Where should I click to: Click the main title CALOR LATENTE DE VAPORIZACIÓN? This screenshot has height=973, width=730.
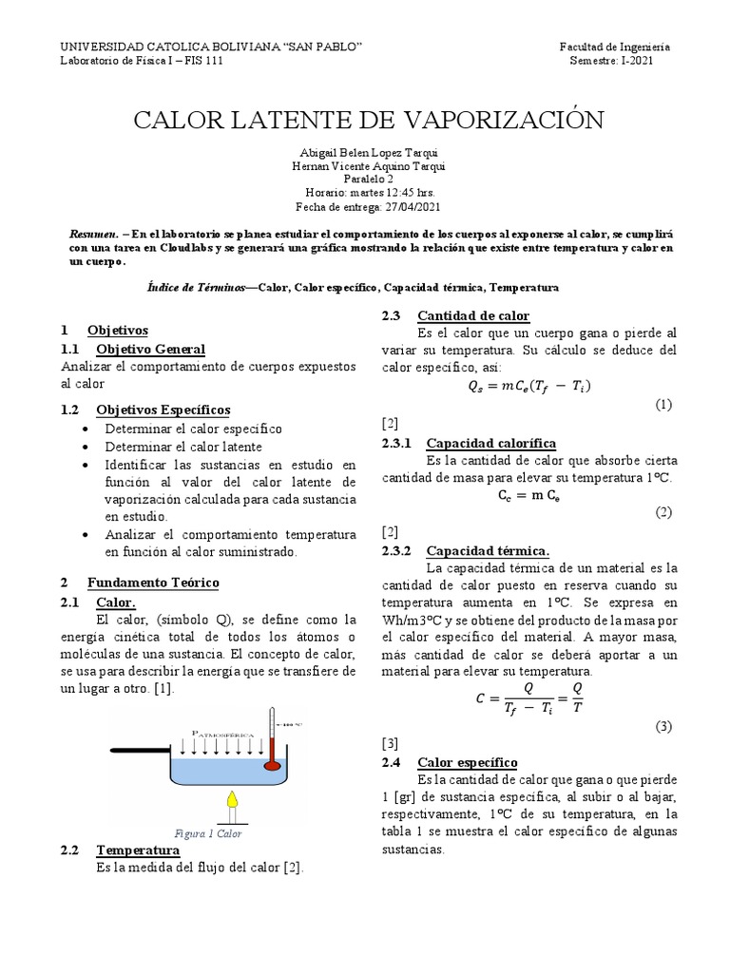click(368, 120)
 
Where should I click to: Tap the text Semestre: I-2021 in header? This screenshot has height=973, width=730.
click(611, 61)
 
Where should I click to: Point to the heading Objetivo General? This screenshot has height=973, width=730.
click(150, 349)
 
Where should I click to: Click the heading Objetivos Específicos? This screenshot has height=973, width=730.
click(163, 410)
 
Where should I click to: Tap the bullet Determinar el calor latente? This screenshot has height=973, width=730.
click(183, 447)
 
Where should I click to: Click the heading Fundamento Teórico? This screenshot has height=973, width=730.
click(153, 582)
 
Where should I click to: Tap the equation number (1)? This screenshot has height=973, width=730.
click(663, 404)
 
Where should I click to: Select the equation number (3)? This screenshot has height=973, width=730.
click(663, 726)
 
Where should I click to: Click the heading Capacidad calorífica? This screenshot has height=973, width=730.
click(491, 443)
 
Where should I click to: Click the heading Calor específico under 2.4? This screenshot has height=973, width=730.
click(467, 762)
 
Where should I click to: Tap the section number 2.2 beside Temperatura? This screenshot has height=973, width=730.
click(73, 849)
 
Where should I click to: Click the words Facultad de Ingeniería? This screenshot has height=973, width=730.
click(614, 47)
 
